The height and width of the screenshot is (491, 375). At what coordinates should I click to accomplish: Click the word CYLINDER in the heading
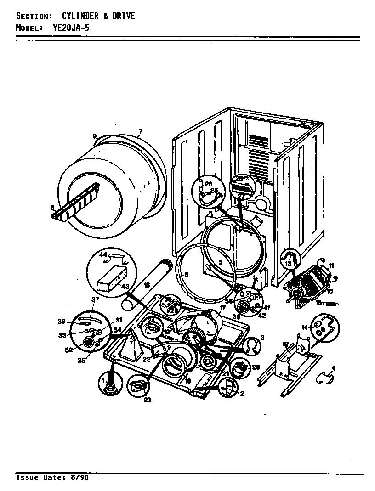point(80,16)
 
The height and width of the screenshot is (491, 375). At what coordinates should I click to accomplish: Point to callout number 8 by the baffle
point(52,208)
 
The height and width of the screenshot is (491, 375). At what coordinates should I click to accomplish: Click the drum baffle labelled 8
point(78,202)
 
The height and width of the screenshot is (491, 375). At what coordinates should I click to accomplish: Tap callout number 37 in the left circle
point(95,299)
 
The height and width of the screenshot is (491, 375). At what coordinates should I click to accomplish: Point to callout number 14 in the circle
point(304,327)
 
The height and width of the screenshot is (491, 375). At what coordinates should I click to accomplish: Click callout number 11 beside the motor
point(331,265)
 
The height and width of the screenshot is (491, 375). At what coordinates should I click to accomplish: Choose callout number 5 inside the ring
point(221,262)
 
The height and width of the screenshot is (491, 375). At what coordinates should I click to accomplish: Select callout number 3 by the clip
point(262,338)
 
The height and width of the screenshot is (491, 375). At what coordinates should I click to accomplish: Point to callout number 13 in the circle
point(288,264)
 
